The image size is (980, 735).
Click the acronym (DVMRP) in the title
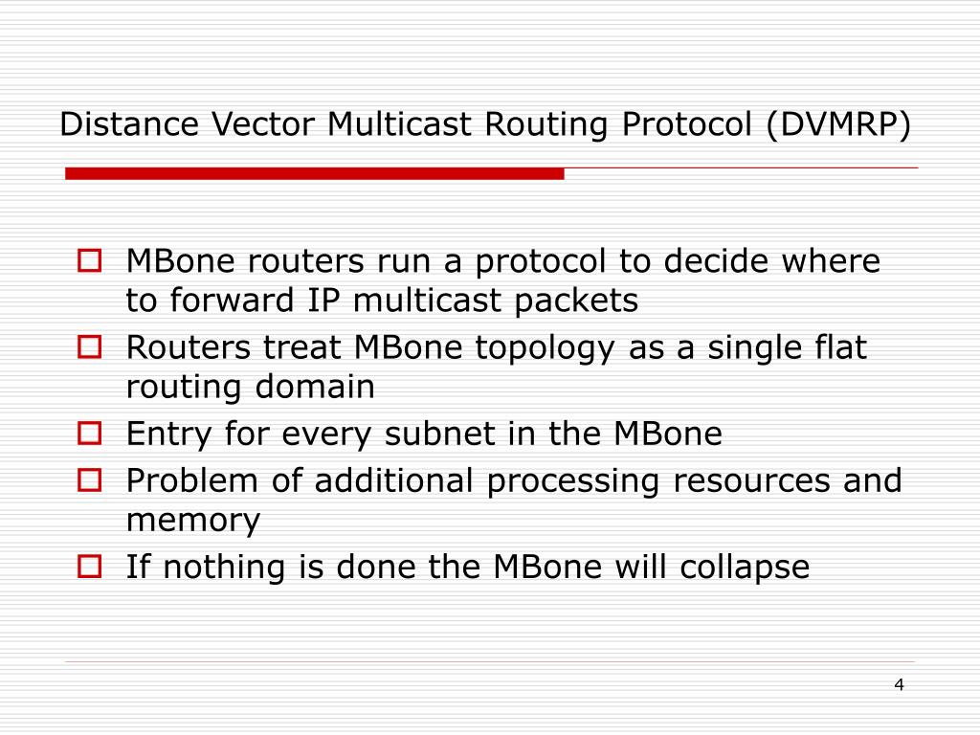coord(837,124)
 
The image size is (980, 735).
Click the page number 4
coord(899,684)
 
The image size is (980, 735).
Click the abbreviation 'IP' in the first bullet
coord(323,301)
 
